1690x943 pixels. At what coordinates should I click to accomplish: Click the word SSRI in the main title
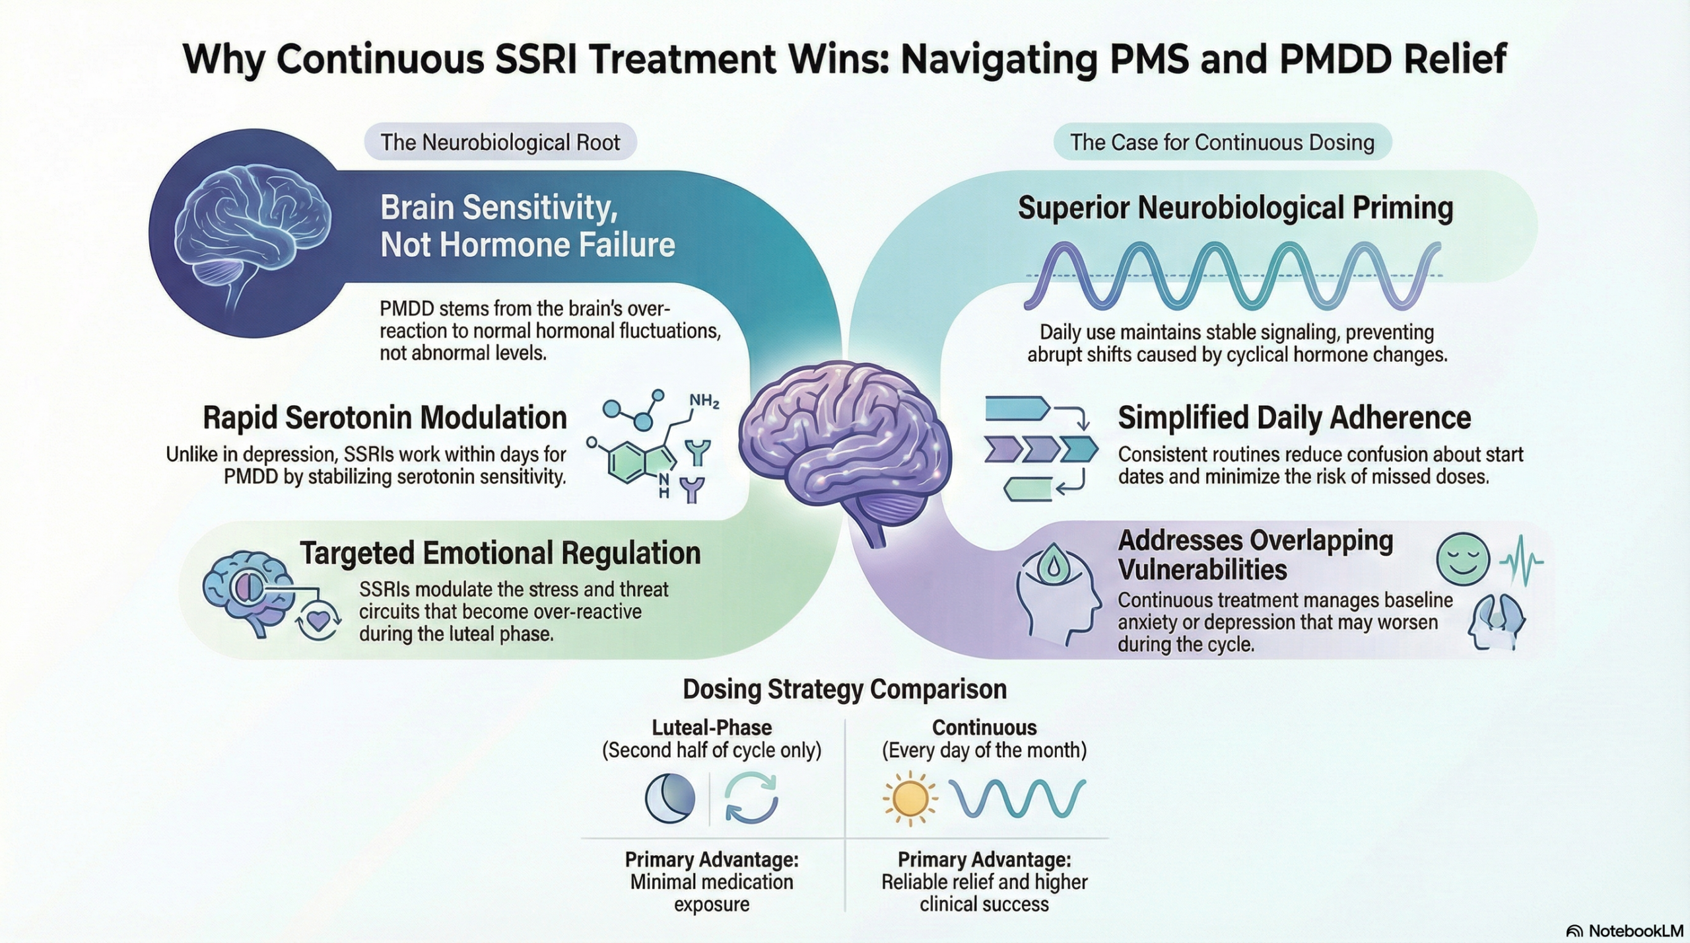click(537, 59)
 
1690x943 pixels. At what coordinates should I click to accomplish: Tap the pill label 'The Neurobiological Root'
click(500, 143)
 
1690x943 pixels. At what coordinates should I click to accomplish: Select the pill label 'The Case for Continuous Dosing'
click(1222, 143)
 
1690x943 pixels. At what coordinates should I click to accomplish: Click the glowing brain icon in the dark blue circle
click(251, 231)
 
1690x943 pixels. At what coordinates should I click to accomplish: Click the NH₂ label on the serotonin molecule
click(704, 401)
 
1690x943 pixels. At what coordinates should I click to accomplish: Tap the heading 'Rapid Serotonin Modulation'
click(384, 418)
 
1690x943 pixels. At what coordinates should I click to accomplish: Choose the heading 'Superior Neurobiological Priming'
click(1235, 208)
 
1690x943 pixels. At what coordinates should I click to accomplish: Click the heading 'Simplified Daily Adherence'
click(1294, 418)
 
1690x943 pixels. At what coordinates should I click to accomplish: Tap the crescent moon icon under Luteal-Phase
click(669, 798)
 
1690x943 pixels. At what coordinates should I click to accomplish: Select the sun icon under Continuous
click(910, 798)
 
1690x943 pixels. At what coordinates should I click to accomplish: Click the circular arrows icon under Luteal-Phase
click(751, 798)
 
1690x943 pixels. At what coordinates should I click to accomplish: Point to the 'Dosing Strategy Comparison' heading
click(844, 689)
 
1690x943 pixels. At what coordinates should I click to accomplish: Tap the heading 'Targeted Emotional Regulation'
click(500, 553)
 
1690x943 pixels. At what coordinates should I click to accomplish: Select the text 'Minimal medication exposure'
click(712, 892)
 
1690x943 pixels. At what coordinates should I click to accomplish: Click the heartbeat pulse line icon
click(1521, 561)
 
